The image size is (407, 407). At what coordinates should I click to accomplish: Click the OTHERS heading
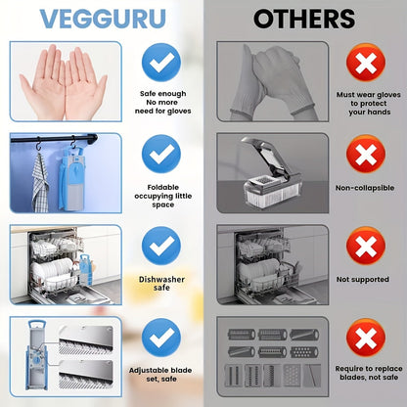tap(304, 19)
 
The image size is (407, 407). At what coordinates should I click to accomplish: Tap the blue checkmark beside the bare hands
tap(161, 64)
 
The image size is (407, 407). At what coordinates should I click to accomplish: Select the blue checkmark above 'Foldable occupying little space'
tap(161, 155)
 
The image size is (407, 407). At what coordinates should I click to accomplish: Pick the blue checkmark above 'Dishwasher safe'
tap(161, 245)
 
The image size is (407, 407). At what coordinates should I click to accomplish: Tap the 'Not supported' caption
tap(365, 279)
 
